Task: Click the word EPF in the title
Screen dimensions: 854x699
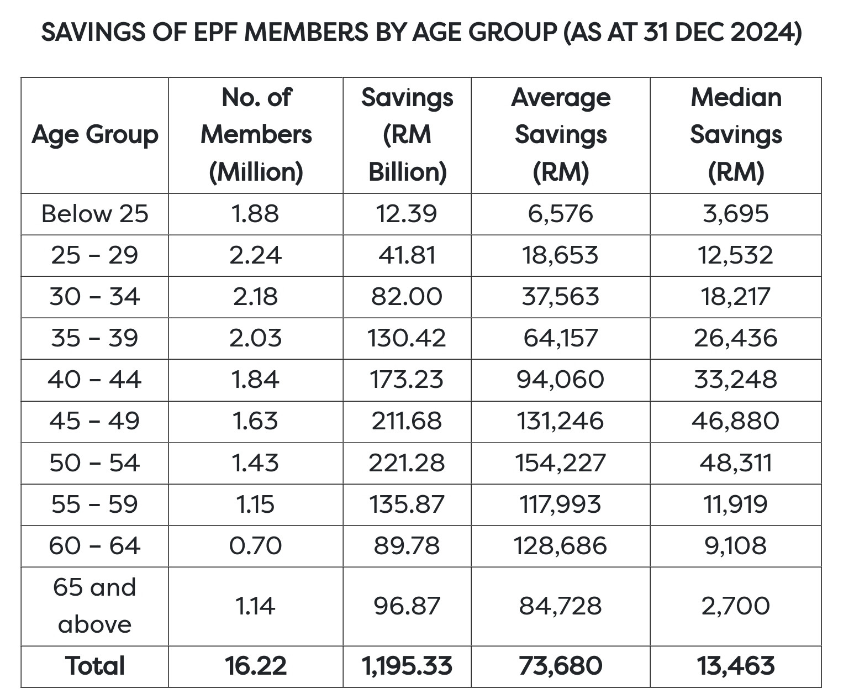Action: click(215, 32)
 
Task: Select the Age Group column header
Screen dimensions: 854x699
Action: click(95, 135)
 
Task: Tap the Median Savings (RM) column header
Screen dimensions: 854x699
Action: click(736, 135)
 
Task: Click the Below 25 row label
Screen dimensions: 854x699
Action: click(95, 213)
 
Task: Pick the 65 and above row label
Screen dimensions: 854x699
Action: click(95, 606)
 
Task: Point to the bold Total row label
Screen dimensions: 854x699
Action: click(95, 666)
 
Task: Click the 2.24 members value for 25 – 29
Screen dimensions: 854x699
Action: click(256, 255)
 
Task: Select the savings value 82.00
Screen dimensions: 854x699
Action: click(407, 296)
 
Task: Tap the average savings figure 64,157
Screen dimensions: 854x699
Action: click(561, 338)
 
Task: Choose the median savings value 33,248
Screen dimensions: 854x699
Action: click(736, 380)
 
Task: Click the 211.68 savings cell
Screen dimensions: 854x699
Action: click(407, 421)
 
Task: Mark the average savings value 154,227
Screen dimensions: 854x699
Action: click(561, 463)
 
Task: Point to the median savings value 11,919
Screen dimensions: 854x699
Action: click(736, 504)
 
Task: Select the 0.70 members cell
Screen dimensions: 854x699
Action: click(256, 545)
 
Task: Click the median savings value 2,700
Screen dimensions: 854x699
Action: click(736, 606)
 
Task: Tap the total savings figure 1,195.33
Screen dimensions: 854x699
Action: click(407, 666)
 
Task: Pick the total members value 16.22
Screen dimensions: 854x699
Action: click(256, 666)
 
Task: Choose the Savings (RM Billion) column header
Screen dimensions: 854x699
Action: click(407, 135)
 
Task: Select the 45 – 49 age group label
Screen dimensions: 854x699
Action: click(95, 421)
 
